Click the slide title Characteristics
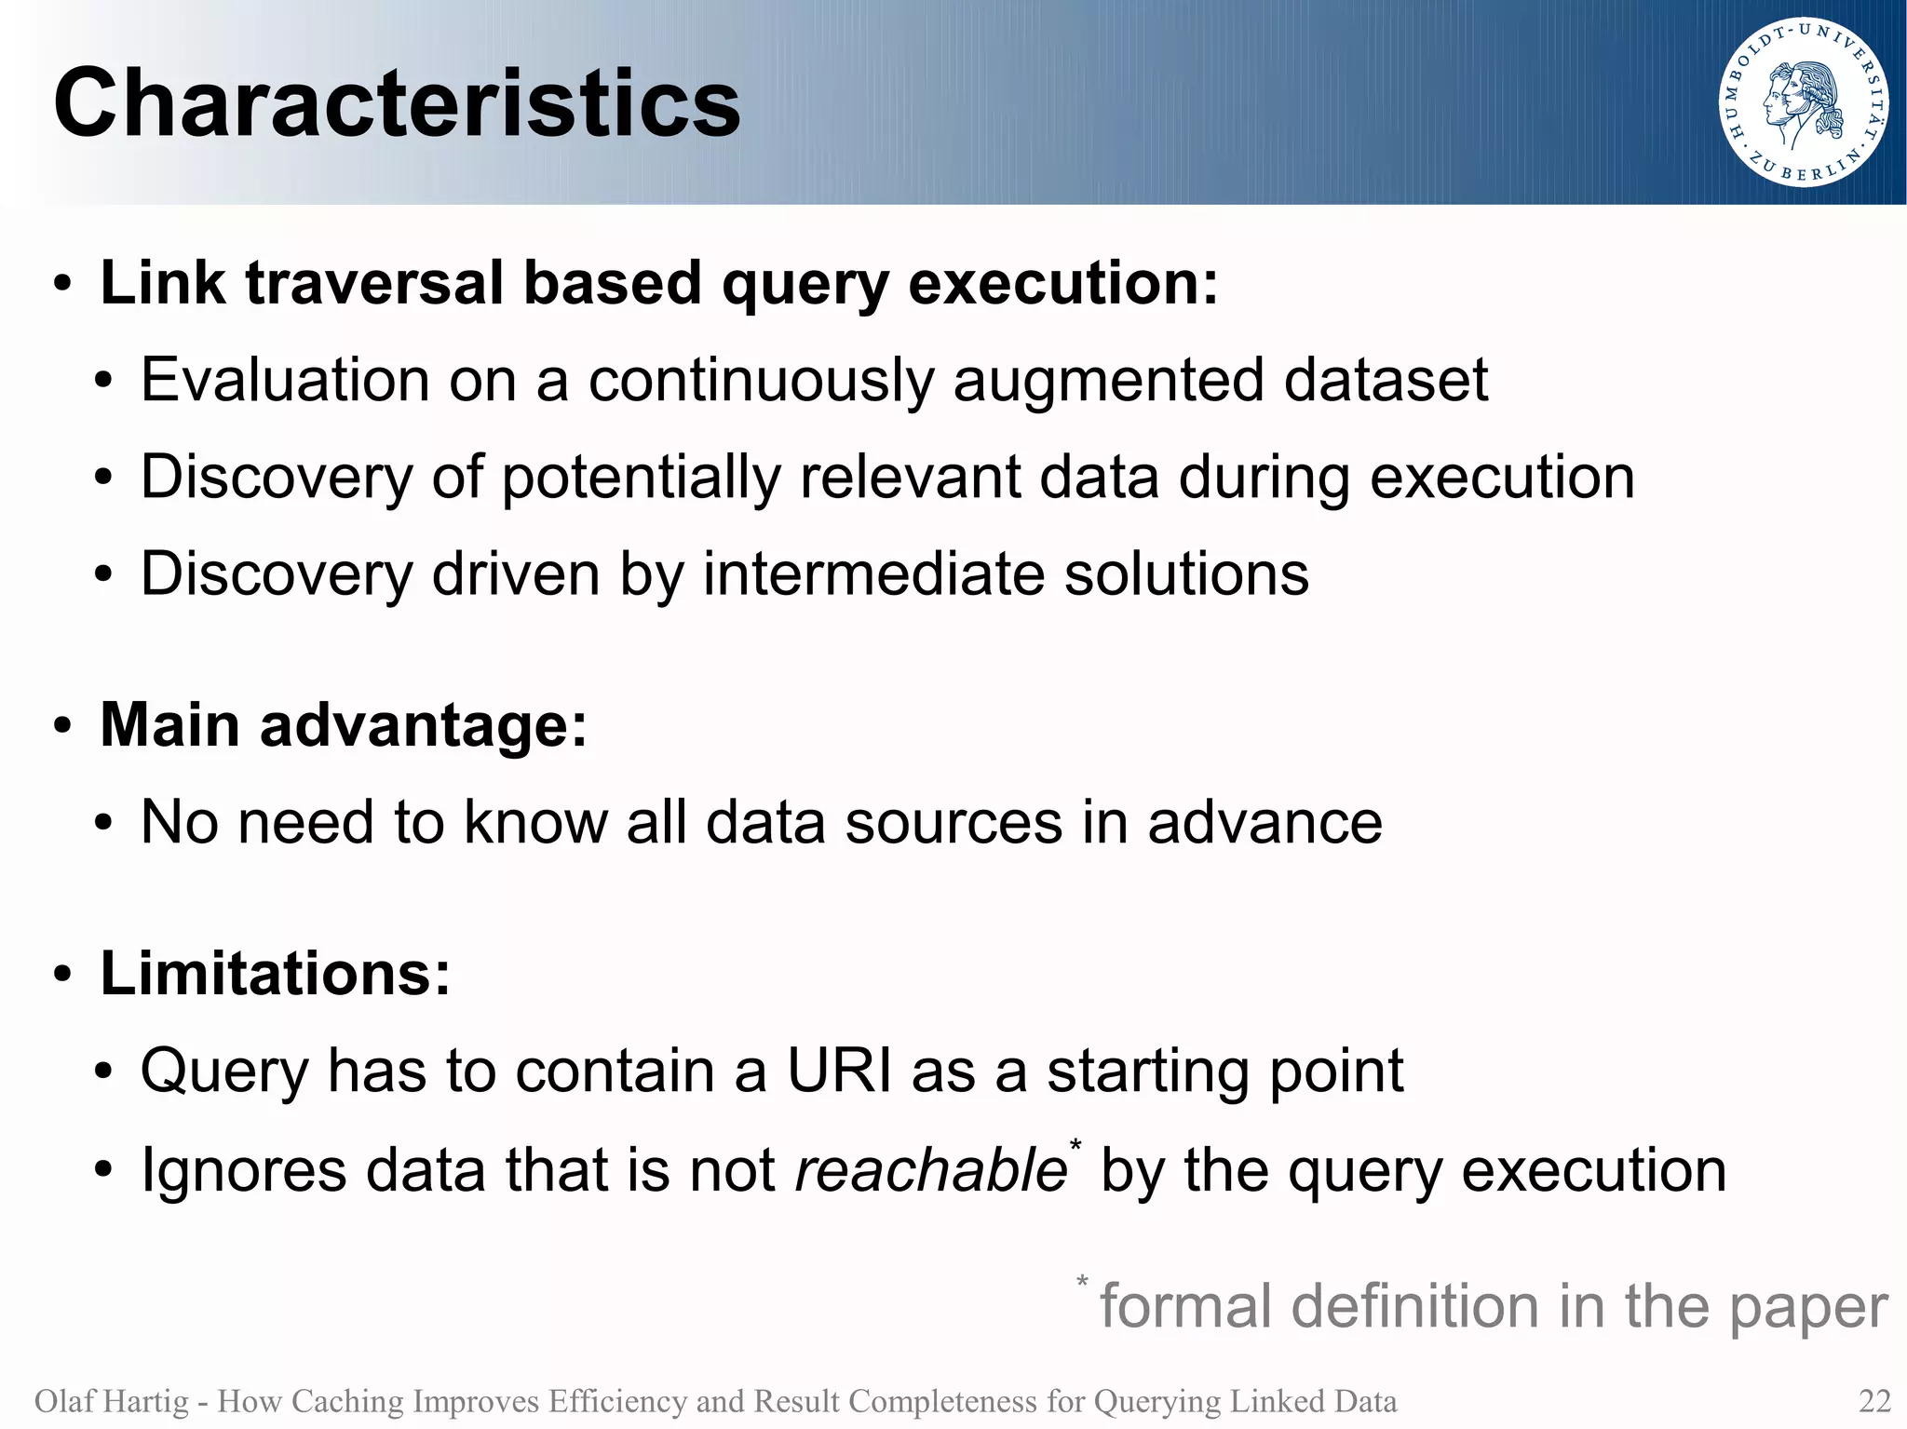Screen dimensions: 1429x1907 point(397,103)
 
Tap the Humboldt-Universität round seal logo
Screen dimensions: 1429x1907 point(1803,102)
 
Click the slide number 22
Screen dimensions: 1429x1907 point(1874,1400)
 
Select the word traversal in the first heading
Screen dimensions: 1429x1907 point(374,282)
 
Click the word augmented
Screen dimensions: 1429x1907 point(1108,381)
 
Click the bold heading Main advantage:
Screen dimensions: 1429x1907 point(344,724)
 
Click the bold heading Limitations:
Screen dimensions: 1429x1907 point(275,974)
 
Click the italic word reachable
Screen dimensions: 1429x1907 point(929,1170)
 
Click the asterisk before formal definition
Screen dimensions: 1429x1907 point(1082,1282)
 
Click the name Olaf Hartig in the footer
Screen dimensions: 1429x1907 point(111,1401)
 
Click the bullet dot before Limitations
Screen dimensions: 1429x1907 point(62,976)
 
